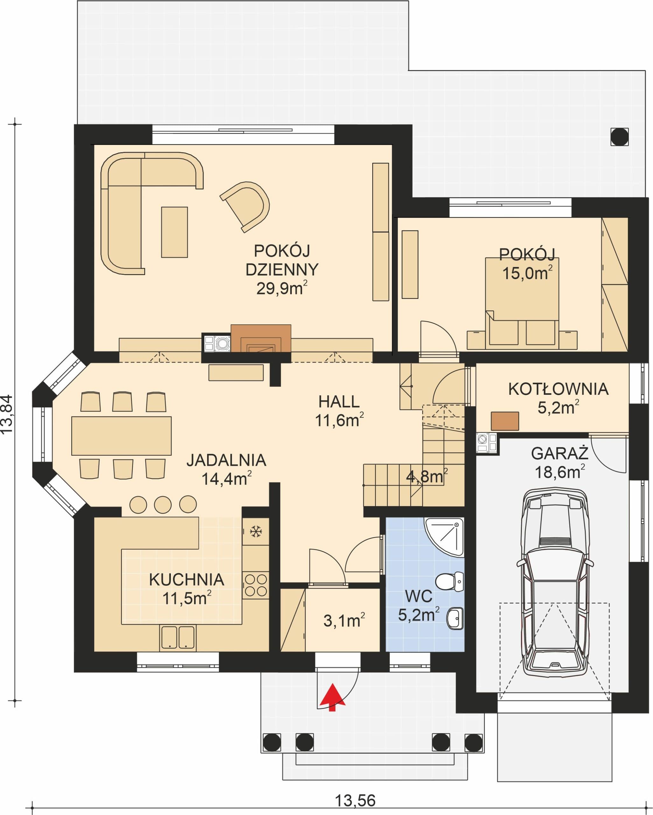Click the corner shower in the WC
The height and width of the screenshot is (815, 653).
(x=444, y=537)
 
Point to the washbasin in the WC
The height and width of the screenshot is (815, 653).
(x=455, y=619)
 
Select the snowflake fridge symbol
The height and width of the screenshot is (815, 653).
(x=256, y=531)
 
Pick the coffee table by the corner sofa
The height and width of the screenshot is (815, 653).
(x=175, y=232)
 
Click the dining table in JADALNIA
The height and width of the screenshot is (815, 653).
(x=121, y=436)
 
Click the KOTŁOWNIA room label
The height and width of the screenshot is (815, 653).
(x=558, y=389)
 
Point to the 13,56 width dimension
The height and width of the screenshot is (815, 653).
(x=355, y=800)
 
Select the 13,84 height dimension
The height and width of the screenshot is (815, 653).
(x=7, y=415)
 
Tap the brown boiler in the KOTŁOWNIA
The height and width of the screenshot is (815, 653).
(x=505, y=421)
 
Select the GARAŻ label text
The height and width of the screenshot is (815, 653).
(x=560, y=454)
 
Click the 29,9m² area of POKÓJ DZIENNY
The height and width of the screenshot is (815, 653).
(x=282, y=288)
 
